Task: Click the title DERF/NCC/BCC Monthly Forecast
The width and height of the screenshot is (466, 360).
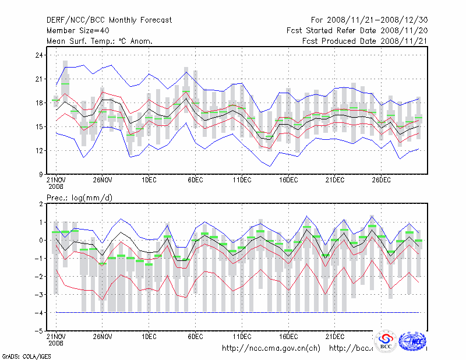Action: point(109,20)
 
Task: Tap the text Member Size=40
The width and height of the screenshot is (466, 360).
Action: point(79,30)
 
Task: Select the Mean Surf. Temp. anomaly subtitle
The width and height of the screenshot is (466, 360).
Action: point(100,41)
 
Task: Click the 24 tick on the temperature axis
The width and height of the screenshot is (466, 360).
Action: point(39,55)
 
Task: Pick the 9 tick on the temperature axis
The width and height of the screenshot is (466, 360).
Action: point(41,174)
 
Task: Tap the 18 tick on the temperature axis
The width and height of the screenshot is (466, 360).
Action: point(39,103)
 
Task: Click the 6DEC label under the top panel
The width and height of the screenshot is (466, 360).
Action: point(195,181)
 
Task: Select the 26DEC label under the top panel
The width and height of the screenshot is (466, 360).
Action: point(382,181)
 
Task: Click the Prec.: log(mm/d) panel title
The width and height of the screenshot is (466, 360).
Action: point(80,198)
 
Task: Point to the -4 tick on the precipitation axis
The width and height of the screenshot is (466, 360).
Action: point(38,313)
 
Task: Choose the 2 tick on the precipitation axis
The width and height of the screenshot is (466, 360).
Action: point(41,204)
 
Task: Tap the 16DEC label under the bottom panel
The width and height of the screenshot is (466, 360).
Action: point(288,337)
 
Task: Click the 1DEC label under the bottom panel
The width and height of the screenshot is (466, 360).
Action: point(149,337)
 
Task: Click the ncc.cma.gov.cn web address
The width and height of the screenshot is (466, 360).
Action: point(271,348)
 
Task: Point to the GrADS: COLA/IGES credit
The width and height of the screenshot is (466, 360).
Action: point(22,355)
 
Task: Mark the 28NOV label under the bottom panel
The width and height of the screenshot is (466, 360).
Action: point(102,337)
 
